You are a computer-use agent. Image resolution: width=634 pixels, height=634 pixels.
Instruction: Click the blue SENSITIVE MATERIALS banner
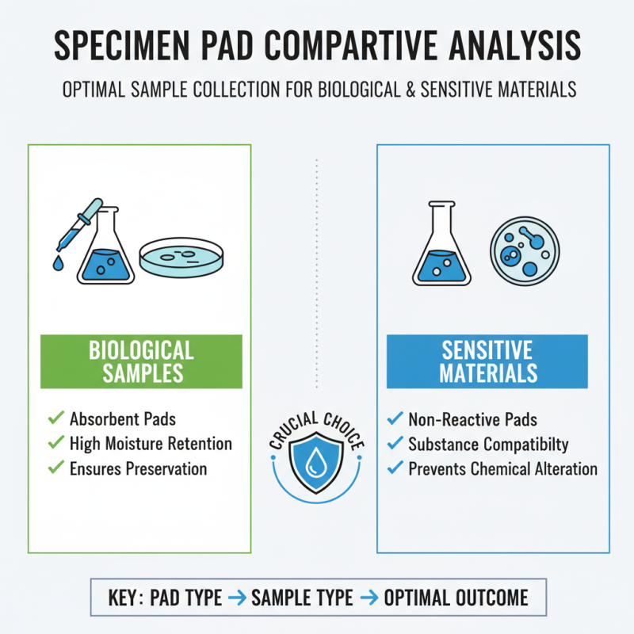coord(487,361)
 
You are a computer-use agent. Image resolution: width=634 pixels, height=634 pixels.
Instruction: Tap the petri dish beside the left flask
coord(181,257)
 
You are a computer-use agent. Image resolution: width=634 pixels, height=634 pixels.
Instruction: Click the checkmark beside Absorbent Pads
coord(55,418)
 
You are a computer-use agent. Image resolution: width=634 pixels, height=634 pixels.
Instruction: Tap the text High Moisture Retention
coord(151,444)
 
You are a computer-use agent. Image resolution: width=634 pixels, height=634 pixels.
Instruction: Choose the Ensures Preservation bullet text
coord(138,468)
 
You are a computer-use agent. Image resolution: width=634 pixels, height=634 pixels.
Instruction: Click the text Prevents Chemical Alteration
coord(502,468)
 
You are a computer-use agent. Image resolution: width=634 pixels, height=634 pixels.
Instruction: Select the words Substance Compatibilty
coord(488,444)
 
